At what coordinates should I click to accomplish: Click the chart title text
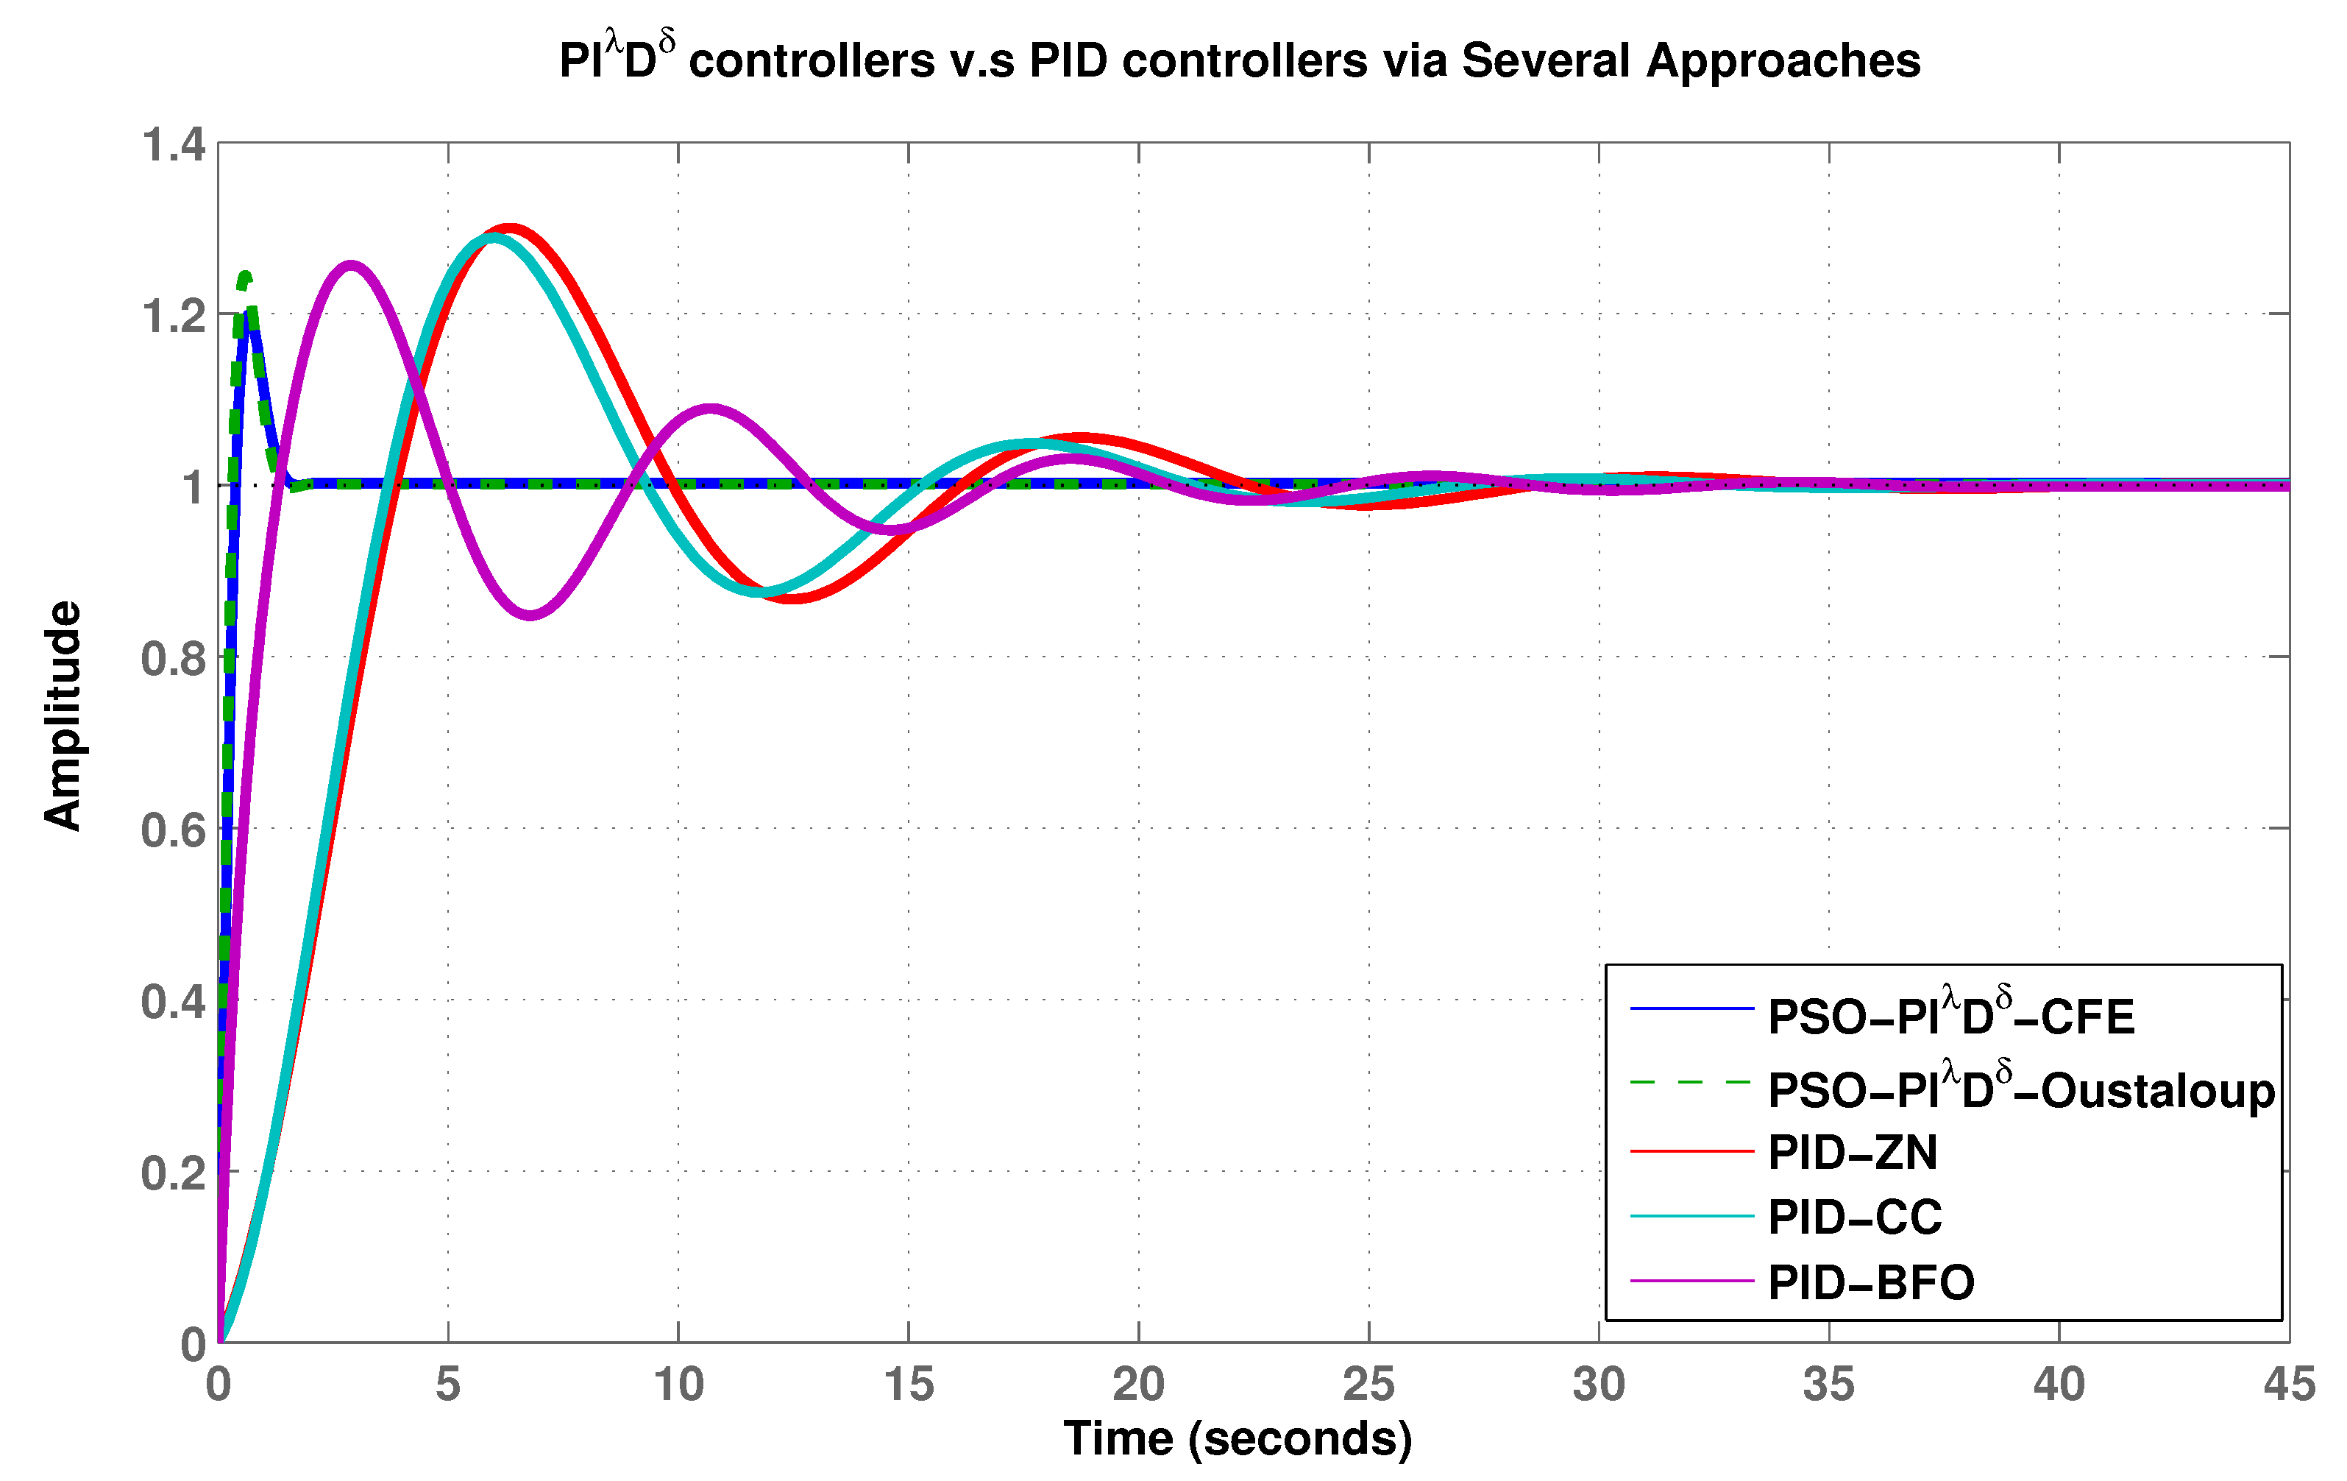[1239, 60]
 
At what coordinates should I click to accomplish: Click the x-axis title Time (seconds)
[1237, 1438]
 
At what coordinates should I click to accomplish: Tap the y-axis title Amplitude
[63, 715]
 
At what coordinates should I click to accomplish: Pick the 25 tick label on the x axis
[1368, 1385]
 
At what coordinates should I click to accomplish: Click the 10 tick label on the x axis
[678, 1385]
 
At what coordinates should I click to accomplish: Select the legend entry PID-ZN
[1852, 1153]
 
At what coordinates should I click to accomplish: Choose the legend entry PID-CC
[1854, 1217]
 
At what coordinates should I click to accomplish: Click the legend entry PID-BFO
[1870, 1282]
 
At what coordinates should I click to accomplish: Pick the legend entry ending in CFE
[1950, 1017]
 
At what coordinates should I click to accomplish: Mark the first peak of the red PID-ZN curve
[510, 228]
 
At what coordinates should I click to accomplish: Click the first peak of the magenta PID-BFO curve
[350, 264]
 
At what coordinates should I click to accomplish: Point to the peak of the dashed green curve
[245, 276]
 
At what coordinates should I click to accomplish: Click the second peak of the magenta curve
[711, 408]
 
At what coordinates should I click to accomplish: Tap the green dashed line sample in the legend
[1691, 1082]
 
